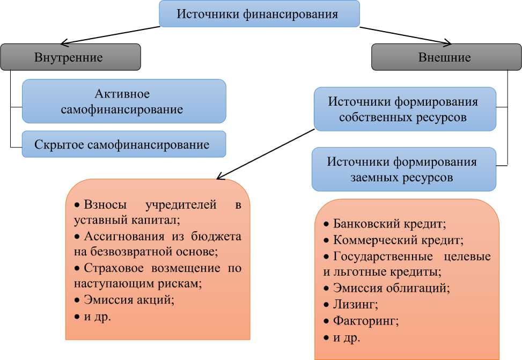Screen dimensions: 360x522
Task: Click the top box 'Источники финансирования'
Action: [260, 14]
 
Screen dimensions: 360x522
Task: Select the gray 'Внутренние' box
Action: [70, 57]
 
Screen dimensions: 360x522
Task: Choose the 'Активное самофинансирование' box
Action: [124, 101]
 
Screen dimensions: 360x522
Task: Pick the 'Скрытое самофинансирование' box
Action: [124, 144]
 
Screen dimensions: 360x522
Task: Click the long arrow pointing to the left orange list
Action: [266, 153]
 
